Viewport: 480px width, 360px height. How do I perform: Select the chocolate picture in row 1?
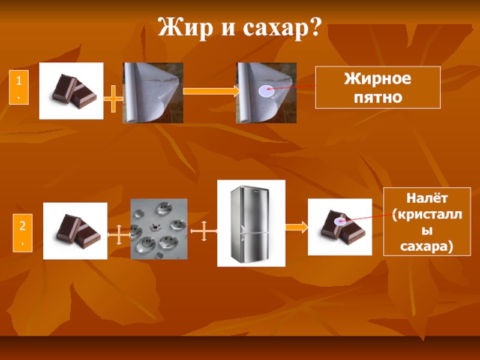tap(71, 91)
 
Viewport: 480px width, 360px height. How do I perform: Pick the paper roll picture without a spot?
tap(153, 93)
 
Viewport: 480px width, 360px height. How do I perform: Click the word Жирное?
tap(377, 79)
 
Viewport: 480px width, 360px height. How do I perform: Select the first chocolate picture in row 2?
tap(75, 231)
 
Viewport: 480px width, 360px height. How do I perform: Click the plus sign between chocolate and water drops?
tap(119, 234)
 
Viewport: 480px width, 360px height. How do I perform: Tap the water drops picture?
tap(159, 229)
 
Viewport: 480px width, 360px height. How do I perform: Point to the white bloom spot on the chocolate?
tap(340, 221)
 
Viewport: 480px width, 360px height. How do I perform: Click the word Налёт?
tap(427, 197)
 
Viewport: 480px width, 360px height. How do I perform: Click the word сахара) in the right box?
tap(427, 246)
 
